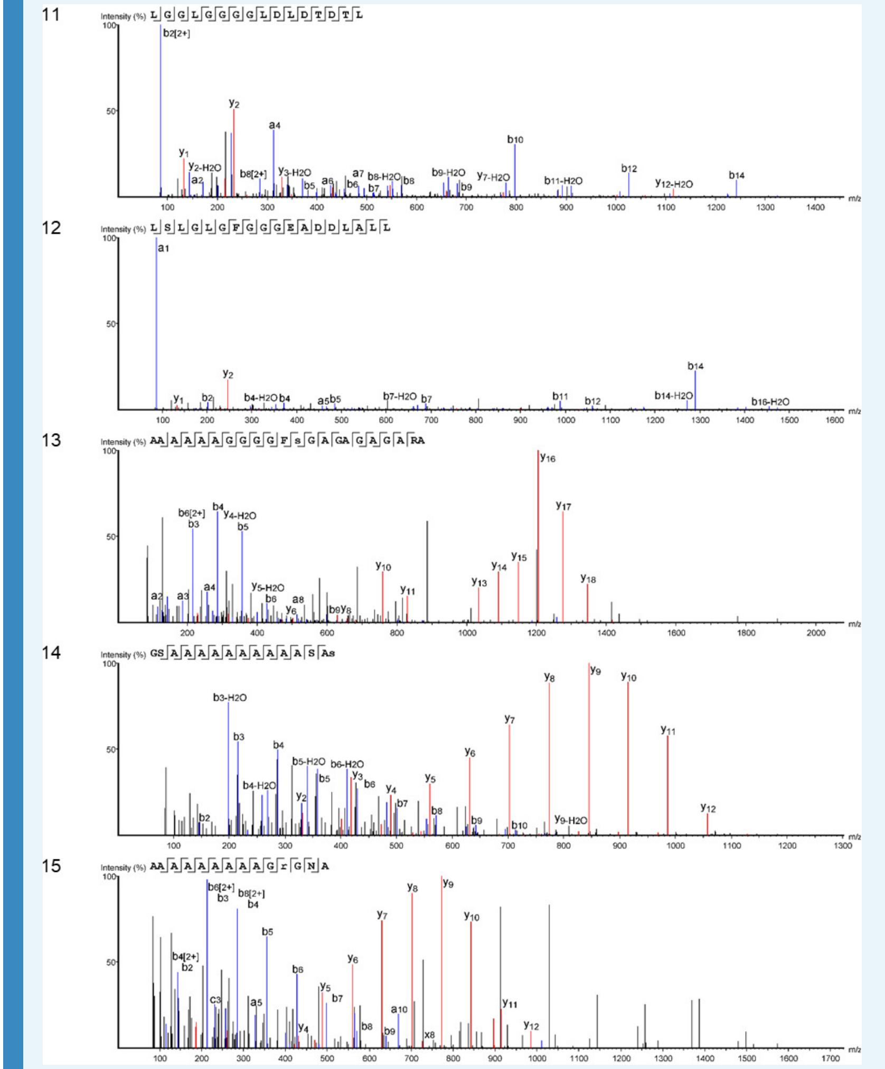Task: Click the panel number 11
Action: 51,15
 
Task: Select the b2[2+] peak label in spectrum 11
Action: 176,33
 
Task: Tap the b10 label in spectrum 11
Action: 515,140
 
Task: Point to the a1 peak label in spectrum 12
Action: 164,248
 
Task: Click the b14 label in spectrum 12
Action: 695,366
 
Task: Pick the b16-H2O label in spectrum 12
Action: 770,402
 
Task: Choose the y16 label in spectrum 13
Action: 548,458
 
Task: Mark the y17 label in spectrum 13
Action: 563,506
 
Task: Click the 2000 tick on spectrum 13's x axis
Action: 815,633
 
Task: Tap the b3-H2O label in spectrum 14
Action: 230,698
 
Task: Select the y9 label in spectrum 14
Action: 596,670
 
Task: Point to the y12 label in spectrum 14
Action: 708,808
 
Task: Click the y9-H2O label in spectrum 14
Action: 571,820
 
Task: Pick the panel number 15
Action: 51,866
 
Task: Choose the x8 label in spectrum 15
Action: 429,1035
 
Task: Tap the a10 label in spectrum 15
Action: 399,1009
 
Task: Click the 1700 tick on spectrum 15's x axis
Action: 830,1058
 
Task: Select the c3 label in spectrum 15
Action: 215,1000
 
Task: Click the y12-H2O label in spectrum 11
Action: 674,184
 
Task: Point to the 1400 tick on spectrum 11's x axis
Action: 815,207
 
